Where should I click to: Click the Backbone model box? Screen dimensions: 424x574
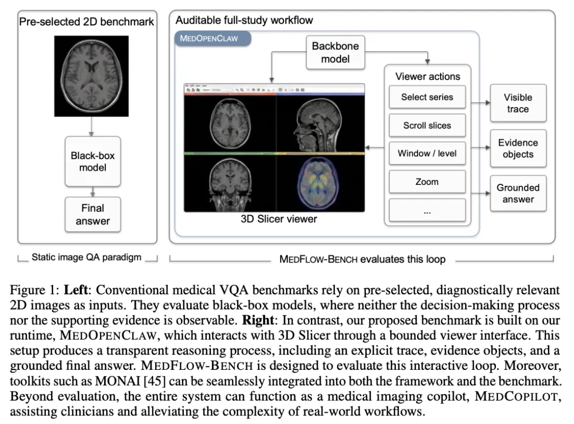(335, 53)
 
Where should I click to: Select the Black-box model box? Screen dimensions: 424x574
(92, 162)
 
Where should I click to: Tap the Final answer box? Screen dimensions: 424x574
(92, 215)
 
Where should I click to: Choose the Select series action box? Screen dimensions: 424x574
(427, 97)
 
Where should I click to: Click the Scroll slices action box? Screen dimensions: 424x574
(427, 126)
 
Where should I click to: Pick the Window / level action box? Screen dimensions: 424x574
(427, 154)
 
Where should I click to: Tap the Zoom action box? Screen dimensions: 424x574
(427, 182)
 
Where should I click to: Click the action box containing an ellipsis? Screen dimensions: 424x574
(427, 211)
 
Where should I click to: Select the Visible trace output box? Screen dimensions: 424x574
(518, 103)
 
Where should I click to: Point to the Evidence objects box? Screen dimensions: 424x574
(518, 148)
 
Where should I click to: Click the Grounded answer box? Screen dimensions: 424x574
(518, 193)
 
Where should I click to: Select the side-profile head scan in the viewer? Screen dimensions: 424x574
(320, 124)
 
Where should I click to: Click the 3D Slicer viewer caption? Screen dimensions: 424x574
(279, 219)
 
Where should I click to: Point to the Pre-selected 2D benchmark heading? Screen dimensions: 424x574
(87, 22)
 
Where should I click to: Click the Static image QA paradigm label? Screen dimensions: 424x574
(87, 258)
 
